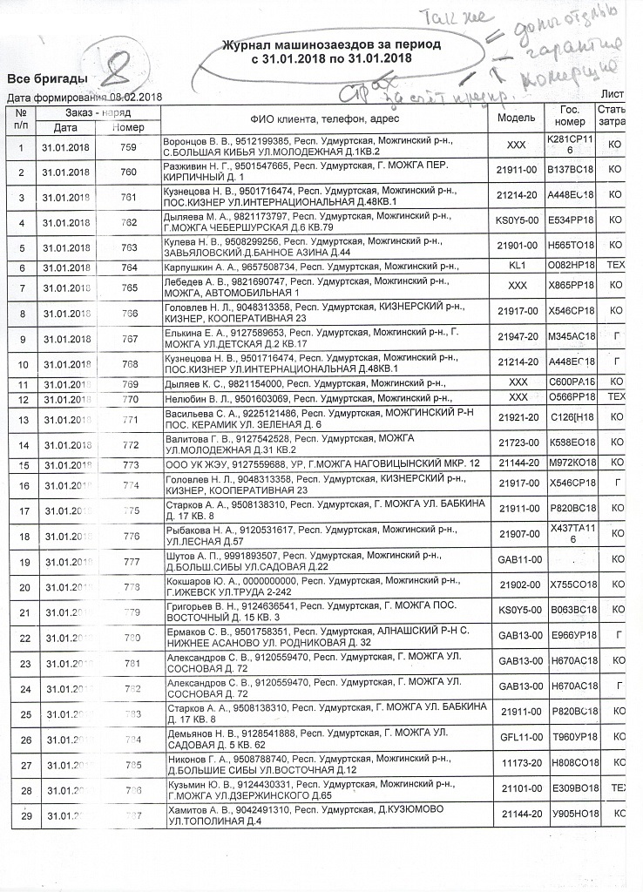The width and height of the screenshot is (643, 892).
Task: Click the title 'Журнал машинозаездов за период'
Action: coord(330,44)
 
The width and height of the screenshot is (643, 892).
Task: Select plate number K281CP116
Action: coord(569,145)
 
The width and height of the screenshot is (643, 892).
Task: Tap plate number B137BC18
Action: coord(570,172)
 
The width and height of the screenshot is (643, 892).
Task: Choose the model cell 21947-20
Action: coord(518,336)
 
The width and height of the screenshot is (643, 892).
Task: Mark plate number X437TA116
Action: coord(570,534)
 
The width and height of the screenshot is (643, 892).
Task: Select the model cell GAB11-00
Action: coord(518,560)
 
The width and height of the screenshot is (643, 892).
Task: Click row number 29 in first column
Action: coord(20,816)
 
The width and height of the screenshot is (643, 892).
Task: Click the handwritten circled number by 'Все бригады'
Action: coord(119,66)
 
